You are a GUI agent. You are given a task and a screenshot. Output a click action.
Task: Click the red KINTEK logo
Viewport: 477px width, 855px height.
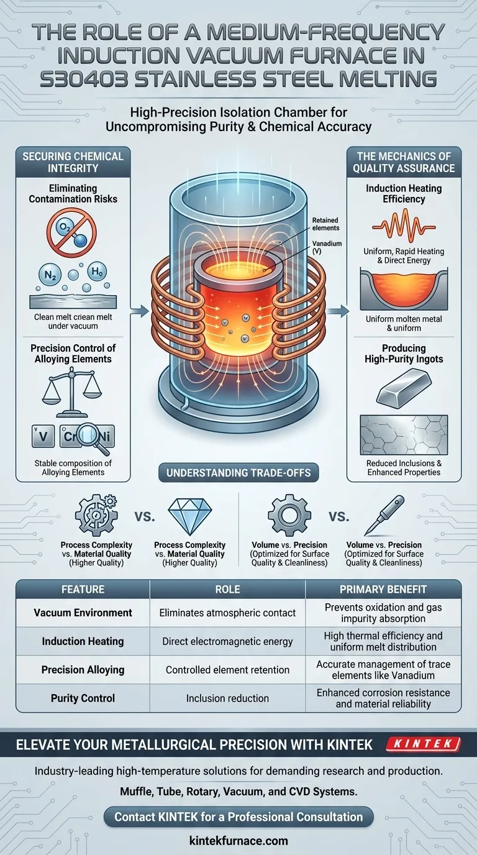pyautogui.click(x=423, y=744)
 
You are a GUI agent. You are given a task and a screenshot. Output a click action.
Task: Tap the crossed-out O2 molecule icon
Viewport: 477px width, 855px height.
pyautogui.click(x=72, y=232)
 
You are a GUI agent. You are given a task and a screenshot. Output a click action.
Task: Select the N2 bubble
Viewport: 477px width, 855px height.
pyautogui.click(x=50, y=275)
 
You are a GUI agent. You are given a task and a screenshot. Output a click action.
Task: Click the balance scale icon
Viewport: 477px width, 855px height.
pyautogui.click(x=72, y=395)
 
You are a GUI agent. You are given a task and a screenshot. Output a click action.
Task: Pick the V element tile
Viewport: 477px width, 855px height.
pyautogui.click(x=43, y=436)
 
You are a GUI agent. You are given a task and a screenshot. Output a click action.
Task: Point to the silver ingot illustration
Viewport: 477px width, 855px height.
pyautogui.click(x=404, y=387)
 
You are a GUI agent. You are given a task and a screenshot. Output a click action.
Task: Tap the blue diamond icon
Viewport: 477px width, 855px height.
pyautogui.click(x=189, y=515)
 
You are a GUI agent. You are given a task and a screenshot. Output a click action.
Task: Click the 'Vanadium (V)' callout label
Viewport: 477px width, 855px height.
pyautogui.click(x=327, y=247)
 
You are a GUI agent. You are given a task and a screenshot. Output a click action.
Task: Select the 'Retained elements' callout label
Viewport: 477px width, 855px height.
pyautogui.click(x=325, y=224)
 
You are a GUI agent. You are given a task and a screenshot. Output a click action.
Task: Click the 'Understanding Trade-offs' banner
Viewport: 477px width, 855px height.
pyautogui.click(x=238, y=472)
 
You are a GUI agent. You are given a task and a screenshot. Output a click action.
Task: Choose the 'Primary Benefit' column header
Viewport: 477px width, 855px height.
pyautogui.click(x=383, y=589)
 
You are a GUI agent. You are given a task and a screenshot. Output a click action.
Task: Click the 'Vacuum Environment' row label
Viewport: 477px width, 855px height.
pyautogui.click(x=83, y=613)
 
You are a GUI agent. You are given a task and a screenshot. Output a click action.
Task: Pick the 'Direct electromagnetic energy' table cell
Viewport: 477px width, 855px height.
pyautogui.click(x=227, y=641)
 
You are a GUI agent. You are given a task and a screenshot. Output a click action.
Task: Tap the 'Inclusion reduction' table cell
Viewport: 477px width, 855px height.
pyautogui.click(x=227, y=698)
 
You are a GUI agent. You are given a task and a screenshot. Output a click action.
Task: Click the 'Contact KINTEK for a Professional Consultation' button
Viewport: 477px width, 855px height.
pyautogui.click(x=238, y=817)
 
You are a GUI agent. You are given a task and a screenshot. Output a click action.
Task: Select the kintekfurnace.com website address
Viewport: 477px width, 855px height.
pyautogui.click(x=238, y=840)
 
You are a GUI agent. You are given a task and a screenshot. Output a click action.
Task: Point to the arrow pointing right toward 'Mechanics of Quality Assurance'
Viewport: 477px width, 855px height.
pyautogui.click(x=337, y=311)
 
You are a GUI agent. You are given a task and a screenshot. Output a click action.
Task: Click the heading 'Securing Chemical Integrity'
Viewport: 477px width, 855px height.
pyautogui.click(x=73, y=162)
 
